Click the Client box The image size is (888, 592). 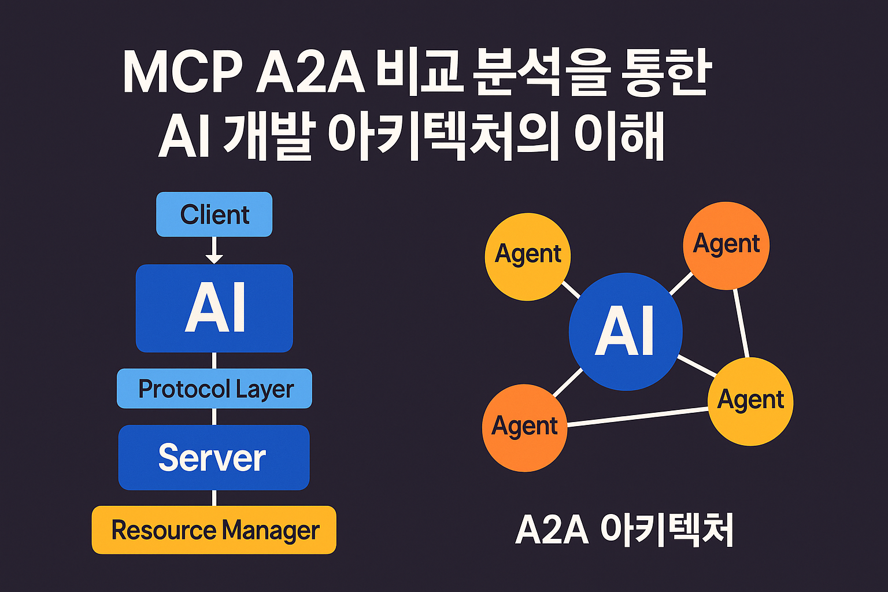point(214,214)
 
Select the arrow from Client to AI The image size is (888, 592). point(214,250)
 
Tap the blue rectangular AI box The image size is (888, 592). point(214,308)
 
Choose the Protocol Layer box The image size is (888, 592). point(214,388)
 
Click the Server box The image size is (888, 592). point(214,457)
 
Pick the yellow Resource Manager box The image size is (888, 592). point(214,530)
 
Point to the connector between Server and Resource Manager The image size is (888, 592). point(214,498)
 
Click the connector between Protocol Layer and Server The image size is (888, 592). point(214,417)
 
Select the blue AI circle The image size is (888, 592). point(626,331)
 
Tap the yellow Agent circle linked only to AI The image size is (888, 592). point(528,257)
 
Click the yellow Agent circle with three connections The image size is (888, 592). point(750,401)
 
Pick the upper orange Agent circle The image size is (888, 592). point(726,246)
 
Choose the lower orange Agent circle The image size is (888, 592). point(524,428)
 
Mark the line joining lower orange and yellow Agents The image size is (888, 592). point(638,417)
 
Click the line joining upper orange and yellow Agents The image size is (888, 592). point(741,323)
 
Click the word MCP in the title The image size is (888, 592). point(183,72)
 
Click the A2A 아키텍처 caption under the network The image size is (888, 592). point(624,530)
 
